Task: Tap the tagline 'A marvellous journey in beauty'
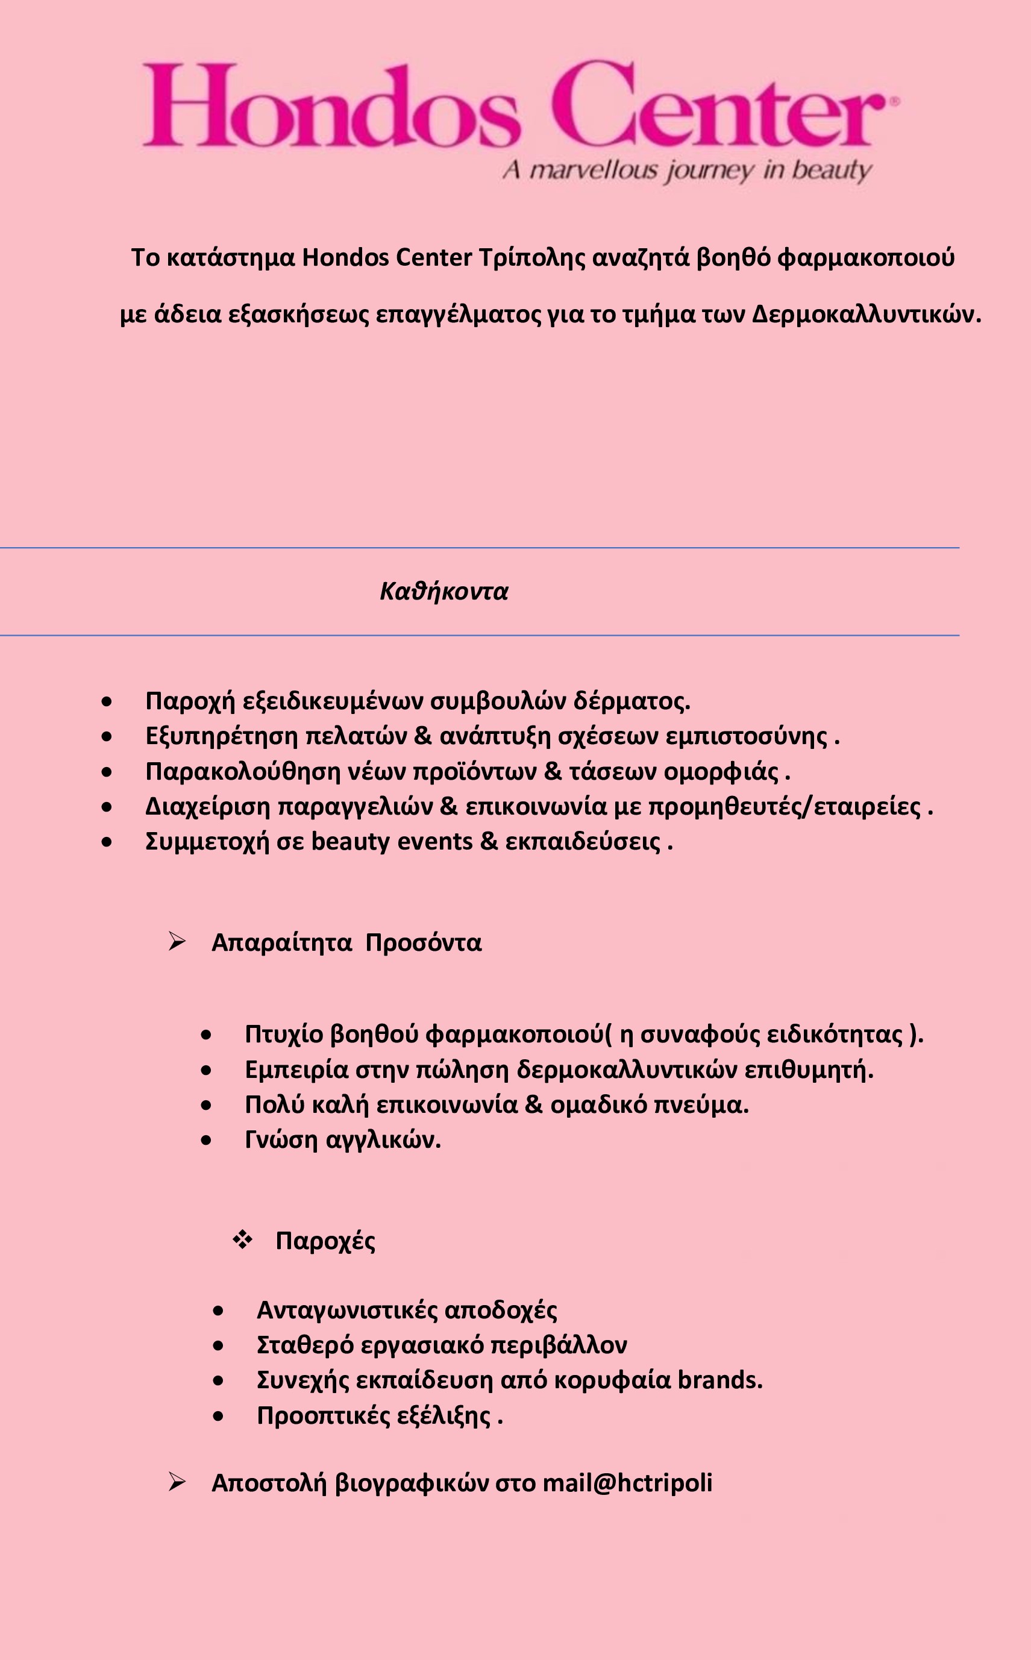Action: point(688,170)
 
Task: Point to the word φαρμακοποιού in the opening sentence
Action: point(866,258)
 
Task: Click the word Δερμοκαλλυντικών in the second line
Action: point(866,315)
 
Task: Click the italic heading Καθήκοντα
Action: point(444,591)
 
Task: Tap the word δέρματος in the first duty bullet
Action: point(631,701)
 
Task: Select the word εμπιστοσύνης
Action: point(747,736)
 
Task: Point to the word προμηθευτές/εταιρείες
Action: point(784,806)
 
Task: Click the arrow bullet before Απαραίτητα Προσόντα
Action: point(177,942)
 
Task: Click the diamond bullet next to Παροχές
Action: point(242,1240)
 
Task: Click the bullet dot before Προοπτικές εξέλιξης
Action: point(218,1416)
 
